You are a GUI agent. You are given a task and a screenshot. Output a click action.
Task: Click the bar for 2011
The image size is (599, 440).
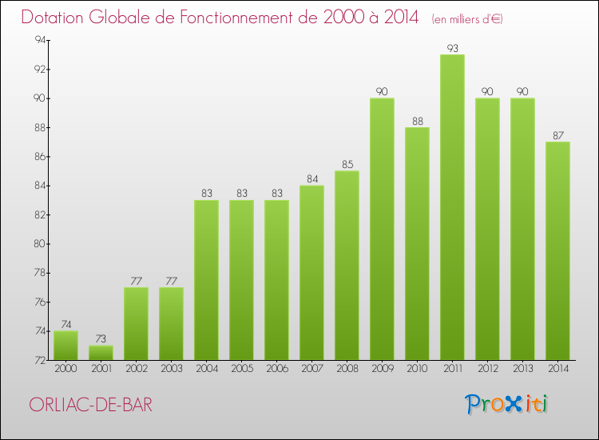(452, 208)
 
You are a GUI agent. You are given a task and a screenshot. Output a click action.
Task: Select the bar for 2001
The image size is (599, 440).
(101, 353)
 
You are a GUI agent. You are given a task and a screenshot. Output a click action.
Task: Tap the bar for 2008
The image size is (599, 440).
(347, 266)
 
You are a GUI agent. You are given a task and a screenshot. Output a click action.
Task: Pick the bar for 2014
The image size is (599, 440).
(557, 251)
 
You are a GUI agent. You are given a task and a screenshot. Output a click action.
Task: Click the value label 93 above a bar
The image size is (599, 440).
(452, 48)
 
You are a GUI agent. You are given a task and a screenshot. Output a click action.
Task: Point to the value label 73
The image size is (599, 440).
(101, 339)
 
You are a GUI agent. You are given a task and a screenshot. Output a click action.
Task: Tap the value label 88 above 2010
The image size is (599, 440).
(417, 121)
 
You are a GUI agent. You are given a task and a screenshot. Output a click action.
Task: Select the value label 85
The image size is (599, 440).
(347, 165)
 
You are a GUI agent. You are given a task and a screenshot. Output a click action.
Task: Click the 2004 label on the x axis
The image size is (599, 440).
(206, 369)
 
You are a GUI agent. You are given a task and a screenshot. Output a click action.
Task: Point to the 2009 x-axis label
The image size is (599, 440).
(382, 369)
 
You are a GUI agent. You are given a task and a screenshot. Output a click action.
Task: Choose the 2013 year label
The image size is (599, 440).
(522, 369)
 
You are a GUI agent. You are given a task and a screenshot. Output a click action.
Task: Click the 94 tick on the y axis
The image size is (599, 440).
(37, 40)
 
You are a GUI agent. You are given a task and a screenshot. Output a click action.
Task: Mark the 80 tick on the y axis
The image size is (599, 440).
(37, 244)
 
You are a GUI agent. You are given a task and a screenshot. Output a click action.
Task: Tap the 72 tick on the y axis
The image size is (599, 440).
(37, 360)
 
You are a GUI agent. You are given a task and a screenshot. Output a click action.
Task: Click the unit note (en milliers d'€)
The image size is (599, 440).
(468, 18)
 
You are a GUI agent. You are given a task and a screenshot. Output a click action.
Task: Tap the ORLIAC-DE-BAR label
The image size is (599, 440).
(89, 405)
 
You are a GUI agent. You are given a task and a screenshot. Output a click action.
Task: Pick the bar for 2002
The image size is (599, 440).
(136, 323)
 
